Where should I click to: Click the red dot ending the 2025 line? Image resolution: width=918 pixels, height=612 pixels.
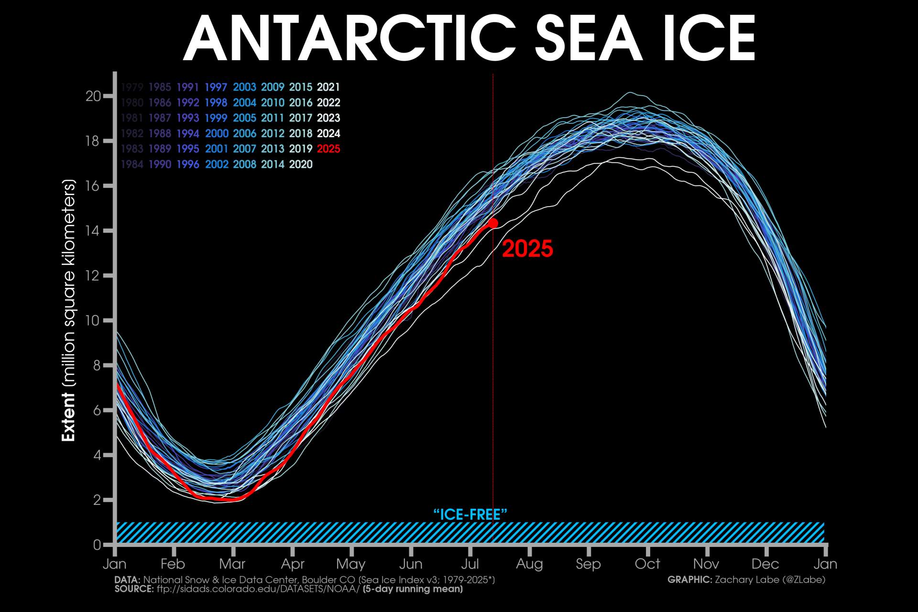(x=493, y=223)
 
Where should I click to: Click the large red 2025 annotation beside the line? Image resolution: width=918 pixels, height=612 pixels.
(x=527, y=249)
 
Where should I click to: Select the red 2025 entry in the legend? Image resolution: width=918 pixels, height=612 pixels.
(x=328, y=149)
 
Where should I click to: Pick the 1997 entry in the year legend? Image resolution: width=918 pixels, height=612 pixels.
(x=216, y=87)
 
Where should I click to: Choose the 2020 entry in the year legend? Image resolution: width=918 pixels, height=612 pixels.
(x=301, y=164)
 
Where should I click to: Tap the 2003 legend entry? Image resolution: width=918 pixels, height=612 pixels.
(x=244, y=87)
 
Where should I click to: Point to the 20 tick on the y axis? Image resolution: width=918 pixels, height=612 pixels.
(x=93, y=96)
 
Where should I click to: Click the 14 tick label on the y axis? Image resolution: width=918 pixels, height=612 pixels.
(x=93, y=230)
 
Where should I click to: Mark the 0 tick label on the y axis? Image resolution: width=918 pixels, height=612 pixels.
(x=97, y=545)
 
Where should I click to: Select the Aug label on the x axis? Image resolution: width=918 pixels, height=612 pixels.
(x=529, y=564)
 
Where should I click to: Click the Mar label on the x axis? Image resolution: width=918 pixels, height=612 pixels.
(x=232, y=564)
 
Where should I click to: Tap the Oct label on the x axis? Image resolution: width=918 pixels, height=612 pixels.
(x=647, y=564)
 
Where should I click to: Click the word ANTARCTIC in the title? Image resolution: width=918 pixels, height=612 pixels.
(x=349, y=38)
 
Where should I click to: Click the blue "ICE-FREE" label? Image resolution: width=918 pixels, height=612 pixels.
(x=470, y=514)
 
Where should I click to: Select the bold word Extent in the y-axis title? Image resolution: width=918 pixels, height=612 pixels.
(x=68, y=417)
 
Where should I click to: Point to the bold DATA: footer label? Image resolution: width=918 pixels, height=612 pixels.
(x=127, y=579)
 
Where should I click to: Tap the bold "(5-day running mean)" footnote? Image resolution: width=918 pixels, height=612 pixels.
(x=413, y=589)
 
